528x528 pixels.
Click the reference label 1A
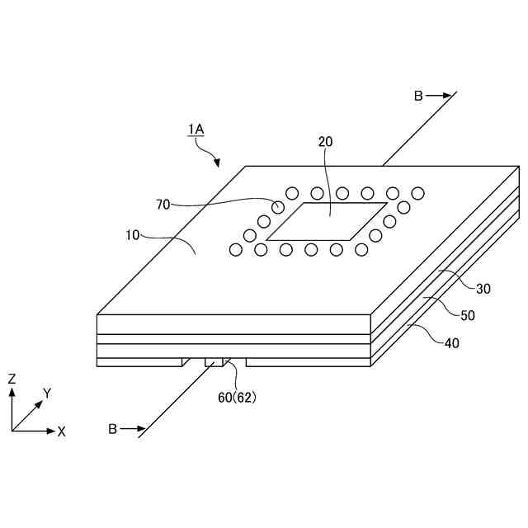(196, 129)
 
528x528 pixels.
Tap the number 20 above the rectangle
(326, 142)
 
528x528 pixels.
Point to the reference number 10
(133, 235)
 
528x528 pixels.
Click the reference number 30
(483, 288)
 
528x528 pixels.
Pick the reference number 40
(452, 342)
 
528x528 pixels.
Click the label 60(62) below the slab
(238, 397)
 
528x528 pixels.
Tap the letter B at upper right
(418, 96)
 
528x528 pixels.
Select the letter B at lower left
(113, 428)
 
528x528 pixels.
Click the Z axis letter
(12, 379)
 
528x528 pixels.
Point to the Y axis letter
(47, 394)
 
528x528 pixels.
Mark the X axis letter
(61, 431)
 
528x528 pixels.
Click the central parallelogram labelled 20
(326, 221)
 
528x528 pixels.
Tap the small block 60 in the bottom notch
(214, 361)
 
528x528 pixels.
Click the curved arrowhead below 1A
(217, 163)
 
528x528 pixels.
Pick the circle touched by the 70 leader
(279, 206)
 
